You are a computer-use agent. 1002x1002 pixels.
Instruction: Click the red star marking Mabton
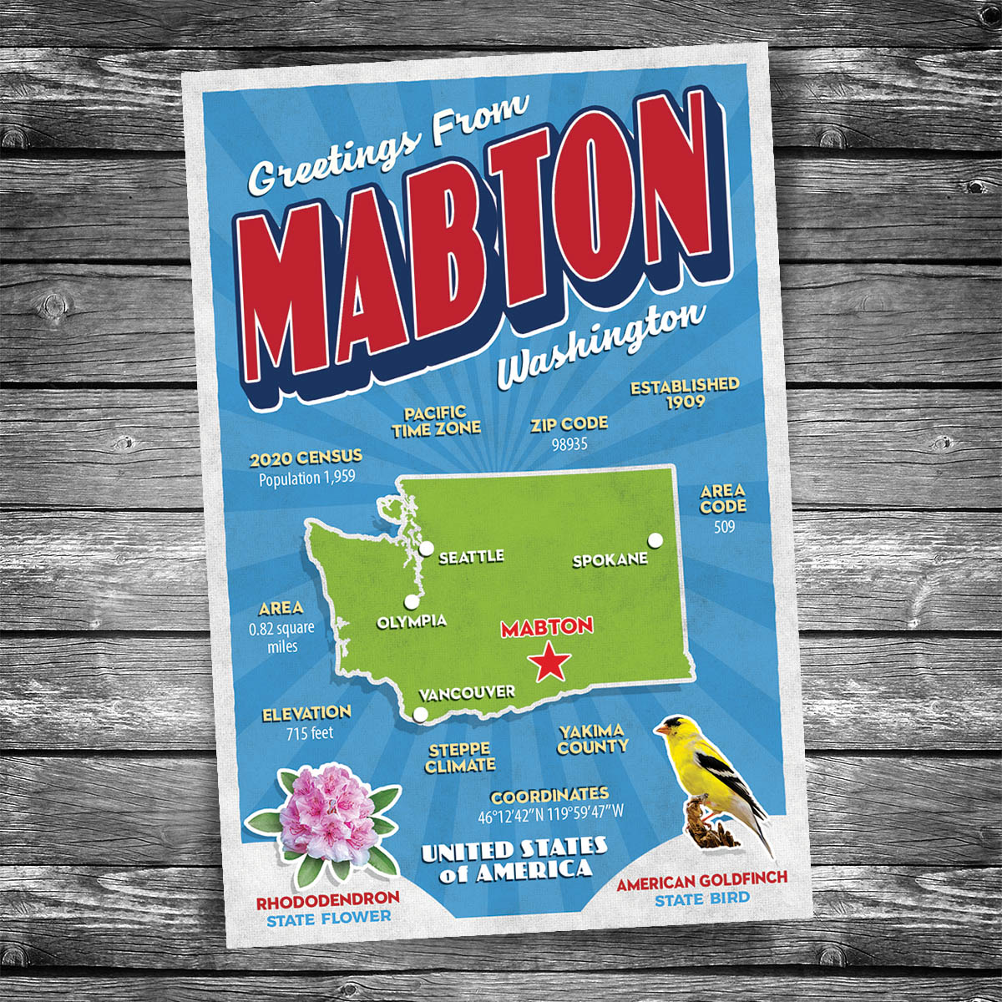coord(549,663)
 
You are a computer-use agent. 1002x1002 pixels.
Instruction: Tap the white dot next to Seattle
coord(427,549)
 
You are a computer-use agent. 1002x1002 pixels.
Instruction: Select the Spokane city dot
coord(655,540)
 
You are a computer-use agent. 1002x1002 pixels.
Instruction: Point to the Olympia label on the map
coord(411,622)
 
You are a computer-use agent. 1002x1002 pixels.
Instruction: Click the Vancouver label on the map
coord(467,692)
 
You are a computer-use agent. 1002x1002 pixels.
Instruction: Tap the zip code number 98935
coord(569,444)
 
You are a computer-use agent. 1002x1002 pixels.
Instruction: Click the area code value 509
coord(723,527)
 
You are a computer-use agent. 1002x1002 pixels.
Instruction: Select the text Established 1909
coord(685,393)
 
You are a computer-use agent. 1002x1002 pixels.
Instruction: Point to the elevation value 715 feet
coord(309,733)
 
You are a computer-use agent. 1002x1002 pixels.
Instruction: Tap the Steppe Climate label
coord(459,758)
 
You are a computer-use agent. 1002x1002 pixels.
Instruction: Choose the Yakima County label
coord(593,740)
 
